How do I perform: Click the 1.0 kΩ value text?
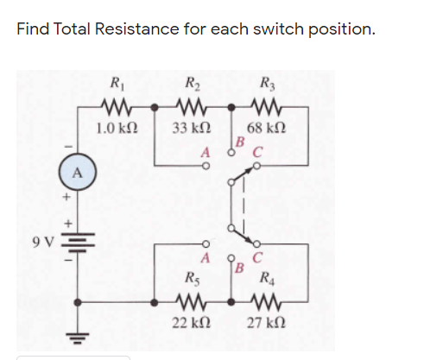tap(115, 129)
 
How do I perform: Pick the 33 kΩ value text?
tap(190, 129)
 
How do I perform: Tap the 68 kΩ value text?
tap(266, 129)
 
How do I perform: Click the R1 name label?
tap(115, 85)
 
